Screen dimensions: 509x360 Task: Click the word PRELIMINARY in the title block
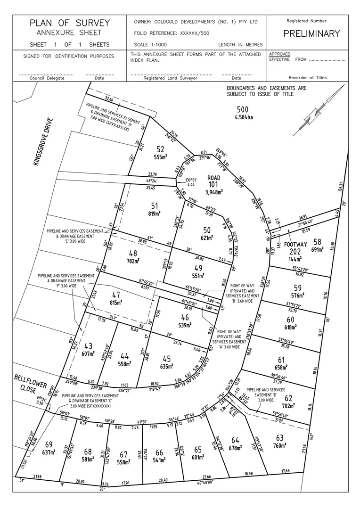tap(311, 33)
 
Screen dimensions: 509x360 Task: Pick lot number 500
tap(242, 109)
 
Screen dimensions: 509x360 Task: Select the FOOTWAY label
tap(295, 244)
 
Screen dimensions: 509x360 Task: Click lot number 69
tap(49, 444)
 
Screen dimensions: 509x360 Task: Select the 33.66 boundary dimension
tap(110, 99)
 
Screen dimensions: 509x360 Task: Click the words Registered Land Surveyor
tap(170, 78)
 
